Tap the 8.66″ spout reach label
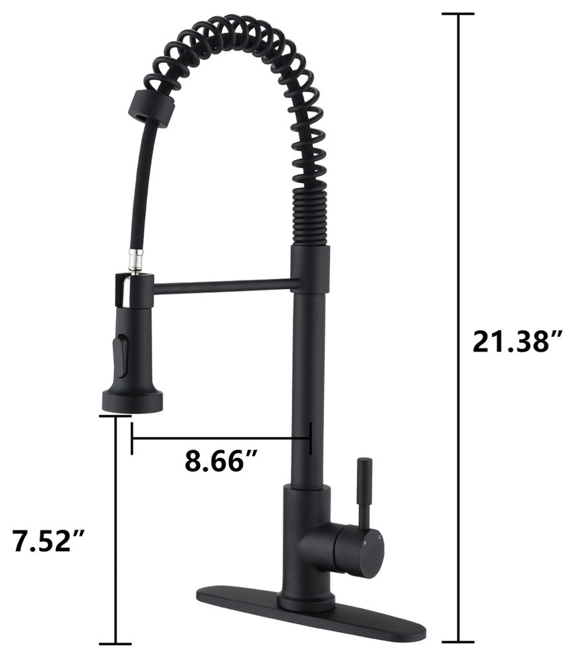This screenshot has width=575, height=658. click(x=221, y=461)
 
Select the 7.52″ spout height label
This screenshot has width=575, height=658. click(x=48, y=541)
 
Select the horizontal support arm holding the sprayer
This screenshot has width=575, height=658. click(x=227, y=287)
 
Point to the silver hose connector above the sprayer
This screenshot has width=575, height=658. click(x=137, y=260)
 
